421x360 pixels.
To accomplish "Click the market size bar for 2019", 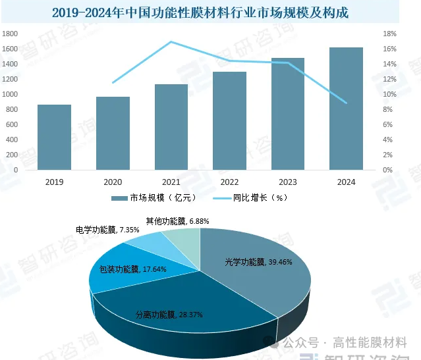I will coord(54,137).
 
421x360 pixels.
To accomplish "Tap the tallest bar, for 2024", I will coord(346,109).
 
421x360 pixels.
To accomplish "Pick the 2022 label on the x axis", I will coord(229,182).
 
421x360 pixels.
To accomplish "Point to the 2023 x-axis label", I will coord(287,182).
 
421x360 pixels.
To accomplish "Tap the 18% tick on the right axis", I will coord(389,34).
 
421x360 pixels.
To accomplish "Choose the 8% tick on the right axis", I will coord(389,109).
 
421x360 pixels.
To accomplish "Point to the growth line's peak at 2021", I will coord(171,42).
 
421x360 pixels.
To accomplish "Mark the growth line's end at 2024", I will coord(346,103).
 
